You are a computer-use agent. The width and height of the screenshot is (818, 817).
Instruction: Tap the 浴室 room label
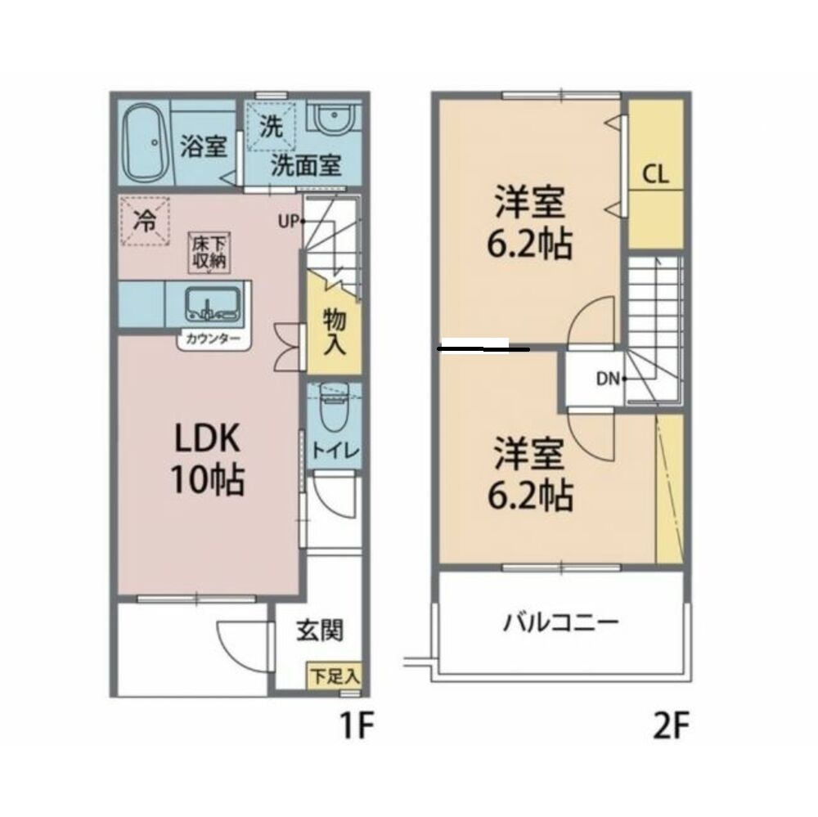pyautogui.click(x=203, y=150)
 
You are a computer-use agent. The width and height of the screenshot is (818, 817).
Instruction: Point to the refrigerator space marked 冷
pyautogui.click(x=145, y=221)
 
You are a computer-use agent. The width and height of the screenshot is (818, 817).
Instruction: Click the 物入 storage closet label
pyautogui.click(x=334, y=330)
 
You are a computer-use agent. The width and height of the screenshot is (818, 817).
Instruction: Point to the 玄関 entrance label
pyautogui.click(x=319, y=631)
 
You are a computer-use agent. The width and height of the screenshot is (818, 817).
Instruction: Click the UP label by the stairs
pyautogui.click(x=288, y=221)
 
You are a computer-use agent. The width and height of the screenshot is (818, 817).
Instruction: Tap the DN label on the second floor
pyautogui.click(x=607, y=378)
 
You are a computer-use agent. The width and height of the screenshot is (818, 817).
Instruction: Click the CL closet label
pyautogui.click(x=655, y=174)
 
